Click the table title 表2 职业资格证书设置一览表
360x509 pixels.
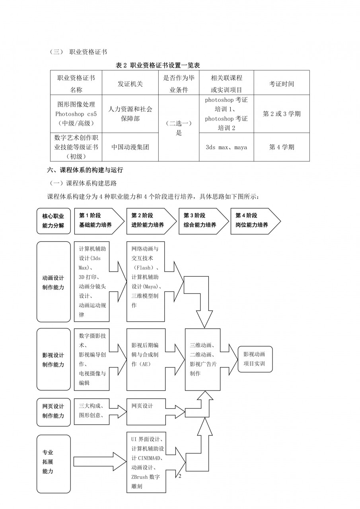160,65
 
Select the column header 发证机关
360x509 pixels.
130,84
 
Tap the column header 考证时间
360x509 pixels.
282,84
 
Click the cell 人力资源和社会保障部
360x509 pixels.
130,114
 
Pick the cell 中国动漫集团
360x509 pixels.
130,147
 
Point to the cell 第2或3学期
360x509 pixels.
282,114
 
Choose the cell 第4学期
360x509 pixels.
282,147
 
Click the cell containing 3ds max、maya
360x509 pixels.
226,147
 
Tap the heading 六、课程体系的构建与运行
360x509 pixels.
86,170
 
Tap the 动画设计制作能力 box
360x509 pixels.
53,282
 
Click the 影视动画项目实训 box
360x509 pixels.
255,359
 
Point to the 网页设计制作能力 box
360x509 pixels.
53,411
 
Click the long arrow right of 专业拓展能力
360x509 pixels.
99,462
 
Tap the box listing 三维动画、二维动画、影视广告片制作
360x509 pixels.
202,359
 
